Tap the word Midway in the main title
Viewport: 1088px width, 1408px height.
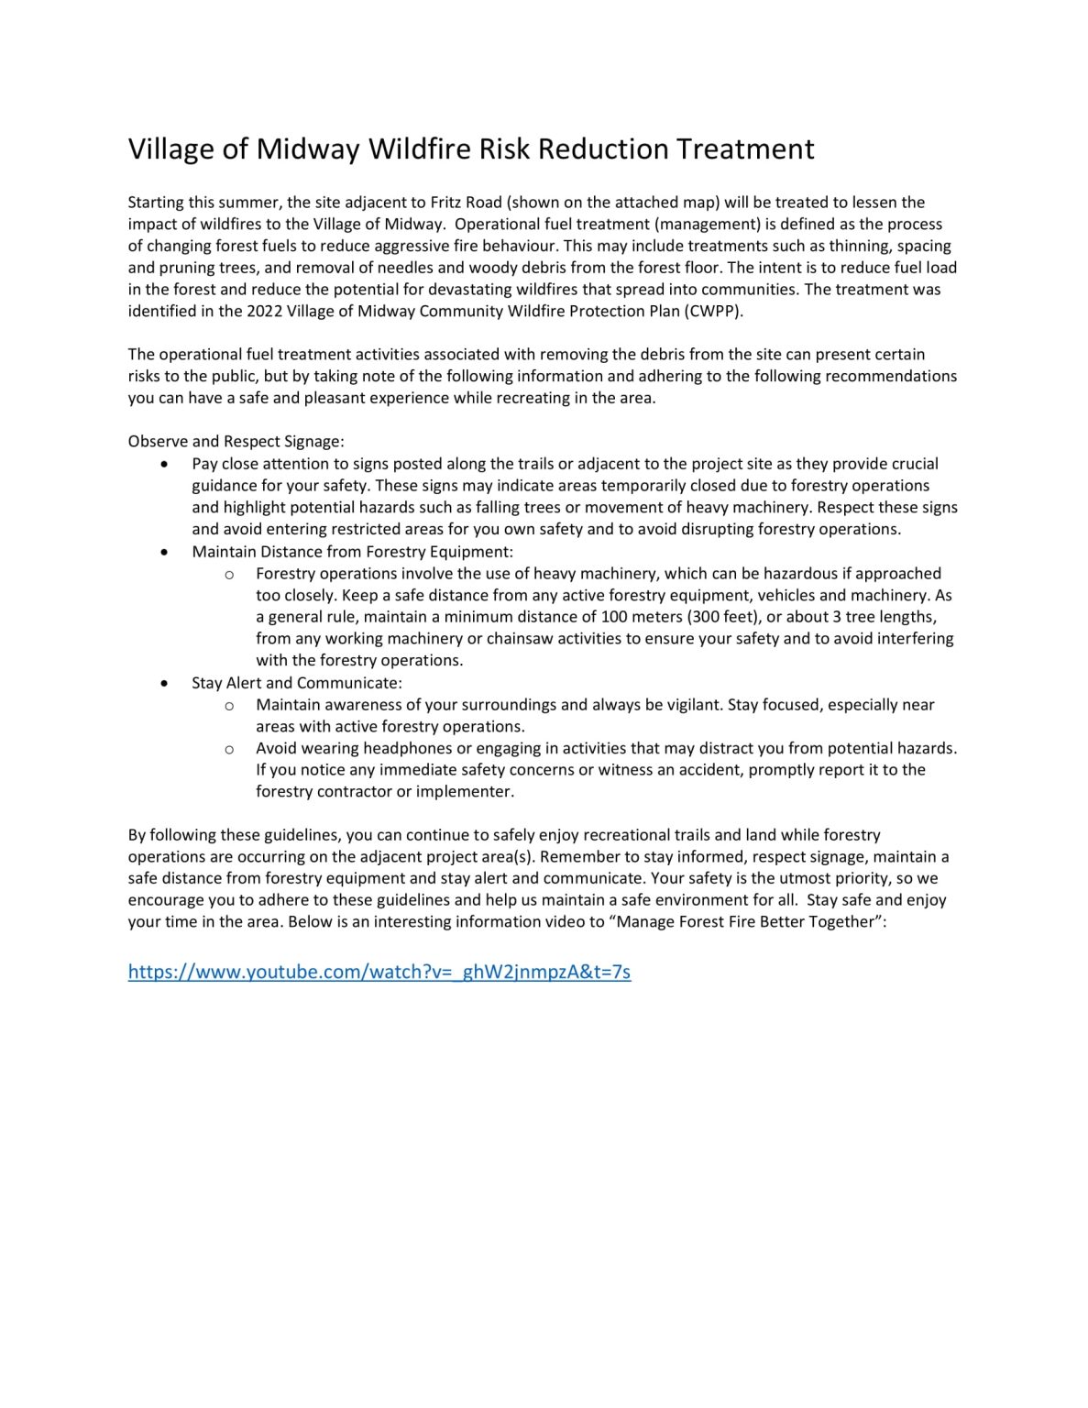tap(307, 149)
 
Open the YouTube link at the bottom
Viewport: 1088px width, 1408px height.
tap(379, 972)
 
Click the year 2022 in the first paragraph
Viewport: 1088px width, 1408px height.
tap(265, 311)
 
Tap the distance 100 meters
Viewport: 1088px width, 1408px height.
tap(640, 617)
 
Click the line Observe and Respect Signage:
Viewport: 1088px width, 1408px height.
tap(236, 441)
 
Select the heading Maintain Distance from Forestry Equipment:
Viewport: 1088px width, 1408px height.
tap(352, 552)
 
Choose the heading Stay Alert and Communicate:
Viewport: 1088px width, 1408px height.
tap(296, 683)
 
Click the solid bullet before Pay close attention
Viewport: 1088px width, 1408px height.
tap(164, 465)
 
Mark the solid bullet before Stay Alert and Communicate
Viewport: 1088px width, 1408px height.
tap(164, 684)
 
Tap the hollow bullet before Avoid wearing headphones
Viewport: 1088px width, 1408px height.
tap(229, 750)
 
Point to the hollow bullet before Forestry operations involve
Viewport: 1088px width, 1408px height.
tap(229, 575)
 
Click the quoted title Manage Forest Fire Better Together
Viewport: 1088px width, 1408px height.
tap(748, 921)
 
